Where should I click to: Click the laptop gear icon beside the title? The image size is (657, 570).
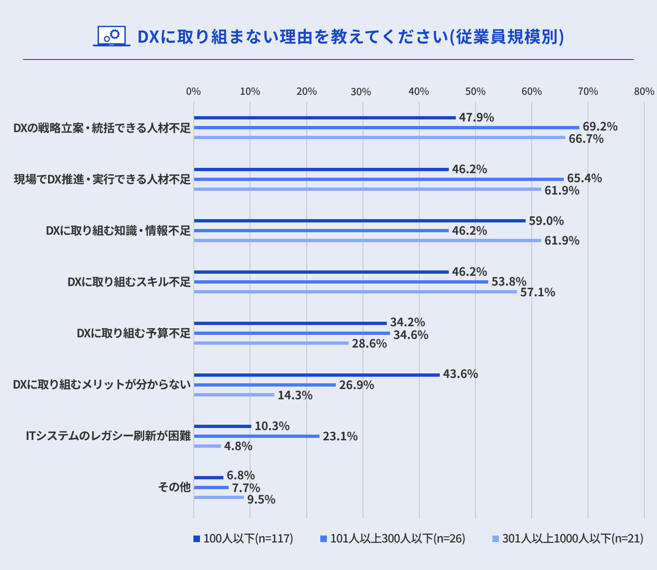tap(111, 36)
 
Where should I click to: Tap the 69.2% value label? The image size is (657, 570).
tap(600, 126)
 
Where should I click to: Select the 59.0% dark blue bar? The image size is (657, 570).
tap(359, 221)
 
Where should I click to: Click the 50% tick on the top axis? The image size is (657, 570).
tap(475, 92)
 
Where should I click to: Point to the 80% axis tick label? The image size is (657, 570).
tap(644, 92)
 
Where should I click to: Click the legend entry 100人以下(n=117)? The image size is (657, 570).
tap(244, 538)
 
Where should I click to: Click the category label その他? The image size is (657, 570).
tap(175, 487)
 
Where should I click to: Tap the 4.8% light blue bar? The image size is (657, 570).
tap(207, 446)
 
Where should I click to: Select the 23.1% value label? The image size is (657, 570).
tap(340, 436)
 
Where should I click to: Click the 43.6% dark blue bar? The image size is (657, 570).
tap(317, 375)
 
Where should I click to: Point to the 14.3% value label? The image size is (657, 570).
tap(295, 396)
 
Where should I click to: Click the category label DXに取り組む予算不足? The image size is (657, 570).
tap(134, 333)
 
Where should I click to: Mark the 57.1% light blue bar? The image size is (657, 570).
tap(355, 292)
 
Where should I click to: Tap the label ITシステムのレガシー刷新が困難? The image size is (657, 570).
tap(108, 436)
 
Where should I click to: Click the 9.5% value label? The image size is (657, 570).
tap(261, 499)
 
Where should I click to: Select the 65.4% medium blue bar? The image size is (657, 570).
tap(379, 179)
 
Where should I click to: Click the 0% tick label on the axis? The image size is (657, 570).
tap(193, 92)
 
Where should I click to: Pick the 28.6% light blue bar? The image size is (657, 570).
tap(271, 343)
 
